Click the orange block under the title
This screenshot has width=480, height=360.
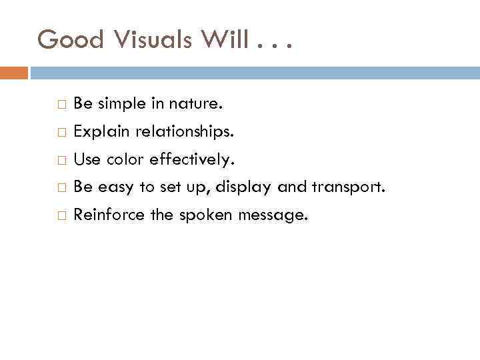pos(14,73)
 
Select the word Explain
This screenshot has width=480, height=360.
pos(102,133)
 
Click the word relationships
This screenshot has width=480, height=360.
pos(185,132)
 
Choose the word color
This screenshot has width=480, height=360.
pos(125,160)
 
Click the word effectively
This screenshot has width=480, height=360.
pos(192,160)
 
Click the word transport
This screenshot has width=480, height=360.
pos(347,187)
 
